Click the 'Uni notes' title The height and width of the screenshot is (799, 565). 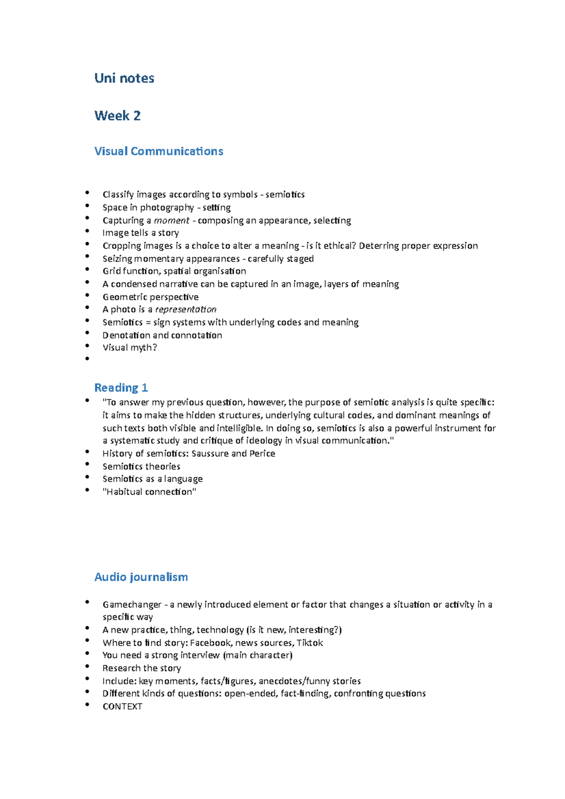click(x=124, y=78)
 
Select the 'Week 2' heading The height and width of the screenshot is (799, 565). click(x=117, y=116)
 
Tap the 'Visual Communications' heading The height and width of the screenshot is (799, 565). click(x=159, y=152)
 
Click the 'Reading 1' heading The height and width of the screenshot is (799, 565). click(x=121, y=388)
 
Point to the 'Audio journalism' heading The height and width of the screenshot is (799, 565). click(x=141, y=577)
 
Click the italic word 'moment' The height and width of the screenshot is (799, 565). click(x=171, y=221)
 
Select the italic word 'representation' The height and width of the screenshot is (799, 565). click(x=186, y=310)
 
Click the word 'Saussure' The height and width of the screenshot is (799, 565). click(x=210, y=454)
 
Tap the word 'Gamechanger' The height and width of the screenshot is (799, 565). click(x=132, y=605)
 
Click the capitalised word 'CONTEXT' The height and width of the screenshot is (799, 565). click(x=122, y=707)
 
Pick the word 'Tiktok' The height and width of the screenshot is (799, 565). click(x=309, y=643)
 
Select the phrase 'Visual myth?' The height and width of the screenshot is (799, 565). click(x=129, y=348)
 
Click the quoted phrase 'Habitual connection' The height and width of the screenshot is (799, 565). click(x=149, y=492)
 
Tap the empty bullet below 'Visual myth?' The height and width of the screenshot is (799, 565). click(x=87, y=359)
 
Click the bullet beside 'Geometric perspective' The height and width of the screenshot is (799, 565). click(x=87, y=295)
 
